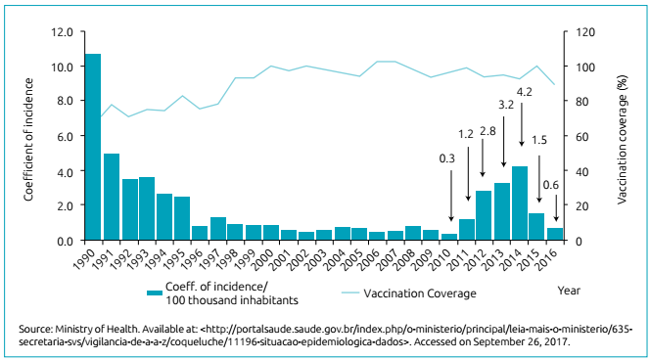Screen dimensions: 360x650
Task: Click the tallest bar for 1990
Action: [x=93, y=147]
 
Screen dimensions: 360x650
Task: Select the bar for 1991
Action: [x=112, y=197]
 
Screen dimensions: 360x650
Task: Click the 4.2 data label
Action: [x=524, y=92]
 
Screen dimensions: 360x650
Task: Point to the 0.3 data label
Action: [x=447, y=157]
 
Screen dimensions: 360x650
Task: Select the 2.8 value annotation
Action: [x=487, y=130]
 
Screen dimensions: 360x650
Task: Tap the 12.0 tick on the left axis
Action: [x=62, y=31]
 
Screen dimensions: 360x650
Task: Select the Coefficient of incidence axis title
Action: [x=28, y=136]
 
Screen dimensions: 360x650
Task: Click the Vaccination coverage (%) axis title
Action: [x=622, y=136]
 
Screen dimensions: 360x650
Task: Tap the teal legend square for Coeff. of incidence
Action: [x=155, y=292]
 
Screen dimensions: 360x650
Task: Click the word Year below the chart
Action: [x=569, y=290]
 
